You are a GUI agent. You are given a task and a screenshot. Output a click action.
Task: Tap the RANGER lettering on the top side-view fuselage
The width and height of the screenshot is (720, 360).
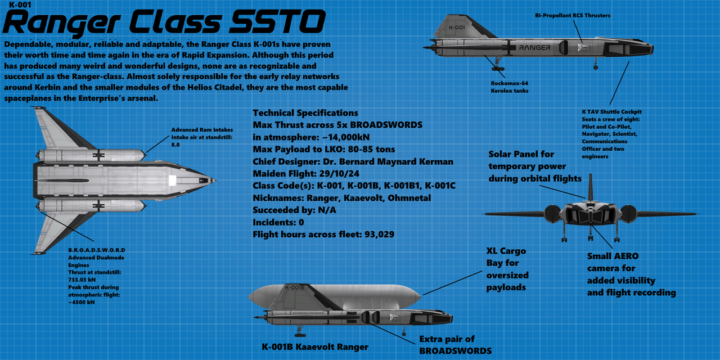[535, 48]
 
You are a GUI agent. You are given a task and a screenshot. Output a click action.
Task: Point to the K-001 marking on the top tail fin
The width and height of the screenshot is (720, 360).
[457, 27]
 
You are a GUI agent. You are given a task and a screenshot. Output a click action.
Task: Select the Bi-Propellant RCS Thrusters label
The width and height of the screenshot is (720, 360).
[573, 16]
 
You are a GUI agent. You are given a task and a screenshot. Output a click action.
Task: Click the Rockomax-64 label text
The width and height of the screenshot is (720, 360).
[508, 83]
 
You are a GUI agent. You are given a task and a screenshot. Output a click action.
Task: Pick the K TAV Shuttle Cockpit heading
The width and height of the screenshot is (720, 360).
[611, 112]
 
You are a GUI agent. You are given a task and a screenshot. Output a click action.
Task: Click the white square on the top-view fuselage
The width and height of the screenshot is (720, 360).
[173, 181]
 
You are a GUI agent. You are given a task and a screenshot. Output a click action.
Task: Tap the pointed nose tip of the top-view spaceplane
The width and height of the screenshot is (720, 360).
[215, 180]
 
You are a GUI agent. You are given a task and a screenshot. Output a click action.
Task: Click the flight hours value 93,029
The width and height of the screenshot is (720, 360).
[374, 235]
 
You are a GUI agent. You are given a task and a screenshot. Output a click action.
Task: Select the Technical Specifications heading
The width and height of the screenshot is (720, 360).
[305, 113]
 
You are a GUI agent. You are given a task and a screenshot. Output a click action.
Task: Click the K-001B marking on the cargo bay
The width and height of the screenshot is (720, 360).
[295, 287]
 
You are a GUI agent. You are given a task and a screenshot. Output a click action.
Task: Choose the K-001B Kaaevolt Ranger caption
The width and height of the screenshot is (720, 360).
[316, 347]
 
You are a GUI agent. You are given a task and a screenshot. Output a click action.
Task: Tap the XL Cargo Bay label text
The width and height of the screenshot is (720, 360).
[506, 251]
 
